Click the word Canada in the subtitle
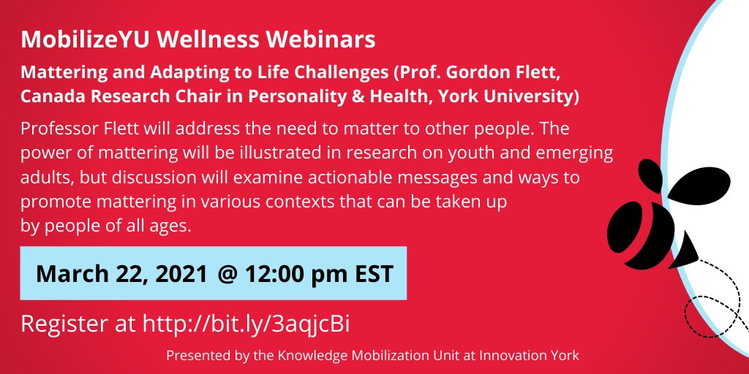(x=53, y=96)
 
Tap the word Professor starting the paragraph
(x=63, y=129)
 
